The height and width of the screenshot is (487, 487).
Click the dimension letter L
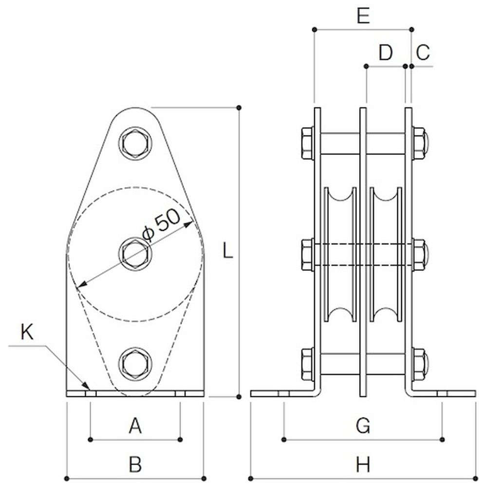coord(227,251)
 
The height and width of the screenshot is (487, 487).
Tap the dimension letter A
coord(135,427)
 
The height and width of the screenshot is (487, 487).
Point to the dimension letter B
coord(135,464)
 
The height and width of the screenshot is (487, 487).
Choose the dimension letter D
coord(385,53)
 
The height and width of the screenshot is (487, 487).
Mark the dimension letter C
coord(423,53)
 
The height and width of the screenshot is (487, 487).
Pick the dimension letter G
coord(363,427)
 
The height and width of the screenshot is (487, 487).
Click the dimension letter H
coord(363,464)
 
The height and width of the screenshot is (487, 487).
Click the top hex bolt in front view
coord(135,143)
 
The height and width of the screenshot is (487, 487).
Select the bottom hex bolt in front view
coord(135,363)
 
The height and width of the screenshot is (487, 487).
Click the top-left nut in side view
coord(307,143)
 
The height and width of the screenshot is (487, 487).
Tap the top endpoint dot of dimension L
coord(239,107)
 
